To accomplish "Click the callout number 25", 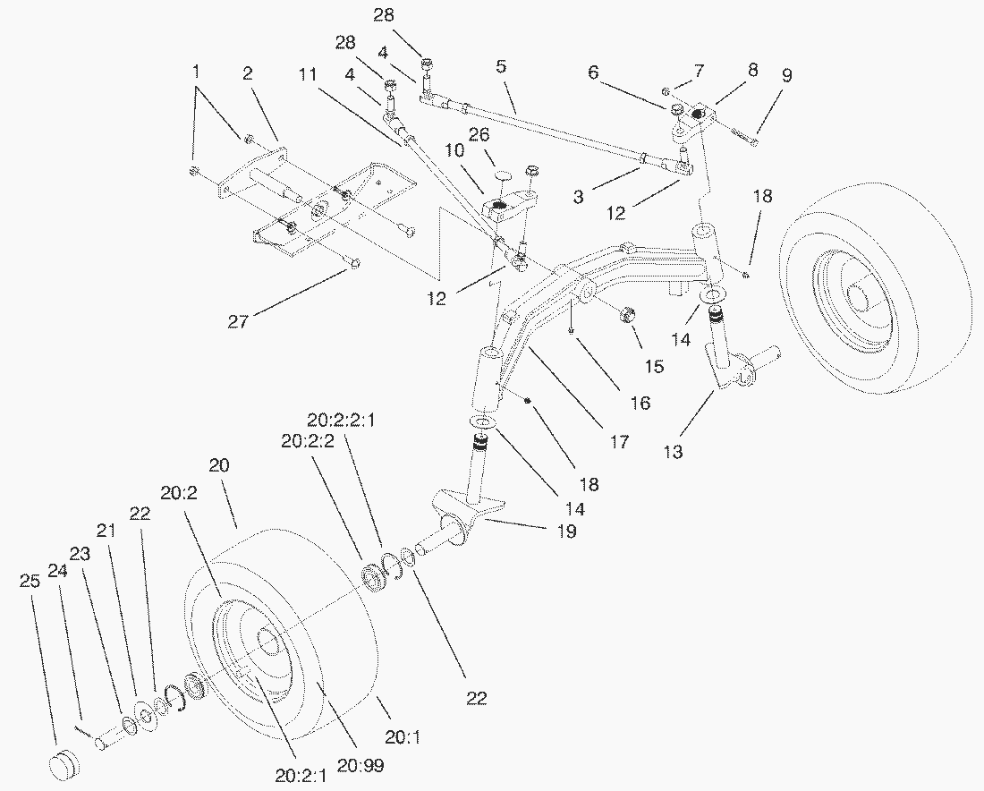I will point(30,581).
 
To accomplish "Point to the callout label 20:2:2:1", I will point(345,420).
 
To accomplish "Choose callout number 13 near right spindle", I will point(673,452).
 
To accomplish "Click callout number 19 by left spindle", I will point(566,532).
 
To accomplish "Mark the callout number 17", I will point(618,441).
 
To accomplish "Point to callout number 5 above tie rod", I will point(501,67).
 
